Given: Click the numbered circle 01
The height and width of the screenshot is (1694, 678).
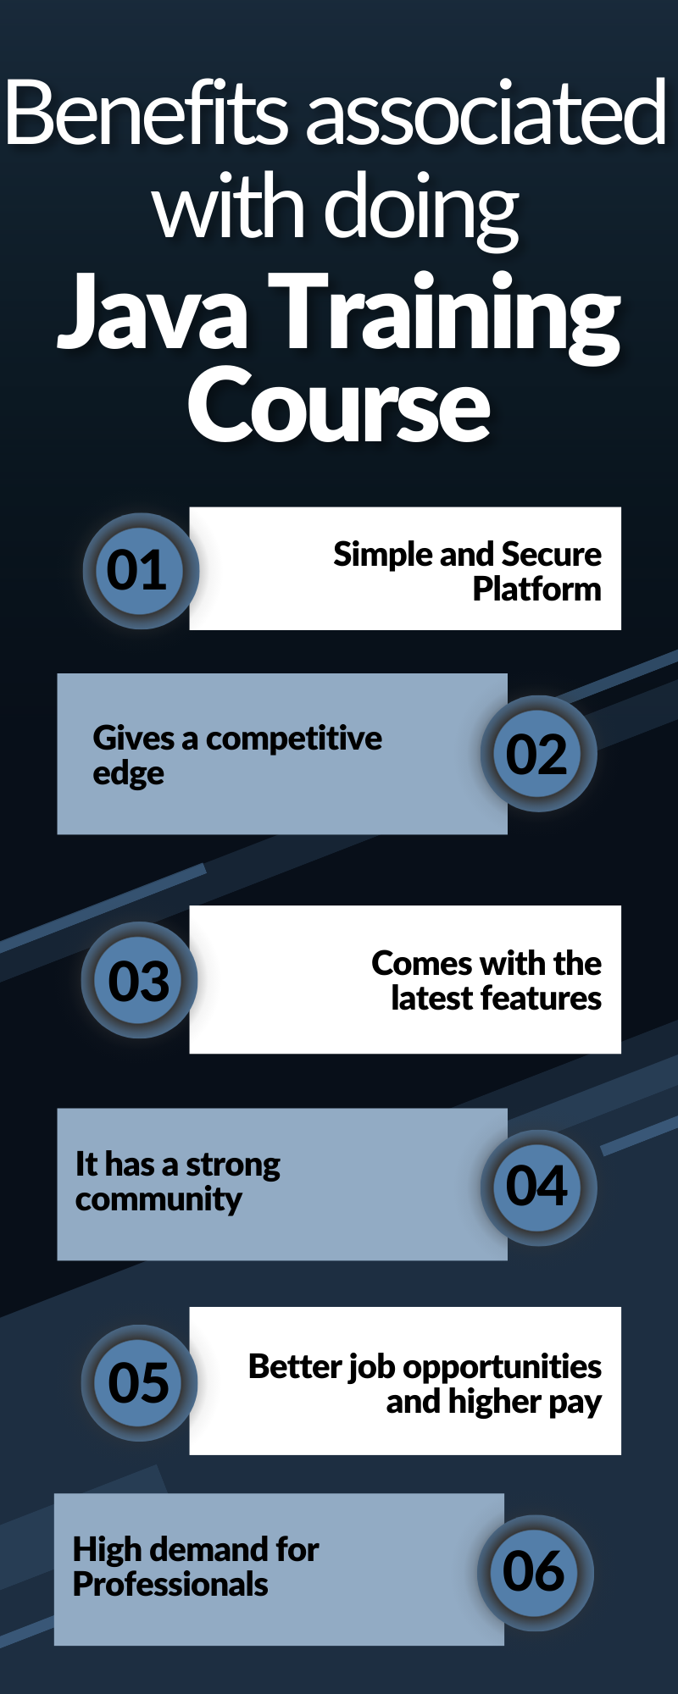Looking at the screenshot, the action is click(141, 571).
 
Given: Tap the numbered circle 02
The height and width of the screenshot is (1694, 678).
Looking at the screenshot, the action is click(538, 754).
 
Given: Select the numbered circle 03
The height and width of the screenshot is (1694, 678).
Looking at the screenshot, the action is click(140, 980).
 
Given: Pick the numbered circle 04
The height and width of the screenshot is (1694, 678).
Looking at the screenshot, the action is click(538, 1187).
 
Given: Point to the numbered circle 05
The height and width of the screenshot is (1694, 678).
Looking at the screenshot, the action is click(140, 1382).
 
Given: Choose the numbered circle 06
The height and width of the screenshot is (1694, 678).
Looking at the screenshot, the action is click(536, 1573).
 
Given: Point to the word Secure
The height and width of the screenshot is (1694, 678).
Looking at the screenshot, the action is click(552, 554).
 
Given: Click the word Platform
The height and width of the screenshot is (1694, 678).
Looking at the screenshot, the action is click(537, 589).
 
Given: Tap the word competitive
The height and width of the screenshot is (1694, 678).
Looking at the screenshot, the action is click(294, 739).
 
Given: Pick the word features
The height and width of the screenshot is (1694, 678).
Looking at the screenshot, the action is click(538, 998).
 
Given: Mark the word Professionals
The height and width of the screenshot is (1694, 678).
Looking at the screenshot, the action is click(170, 1584).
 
